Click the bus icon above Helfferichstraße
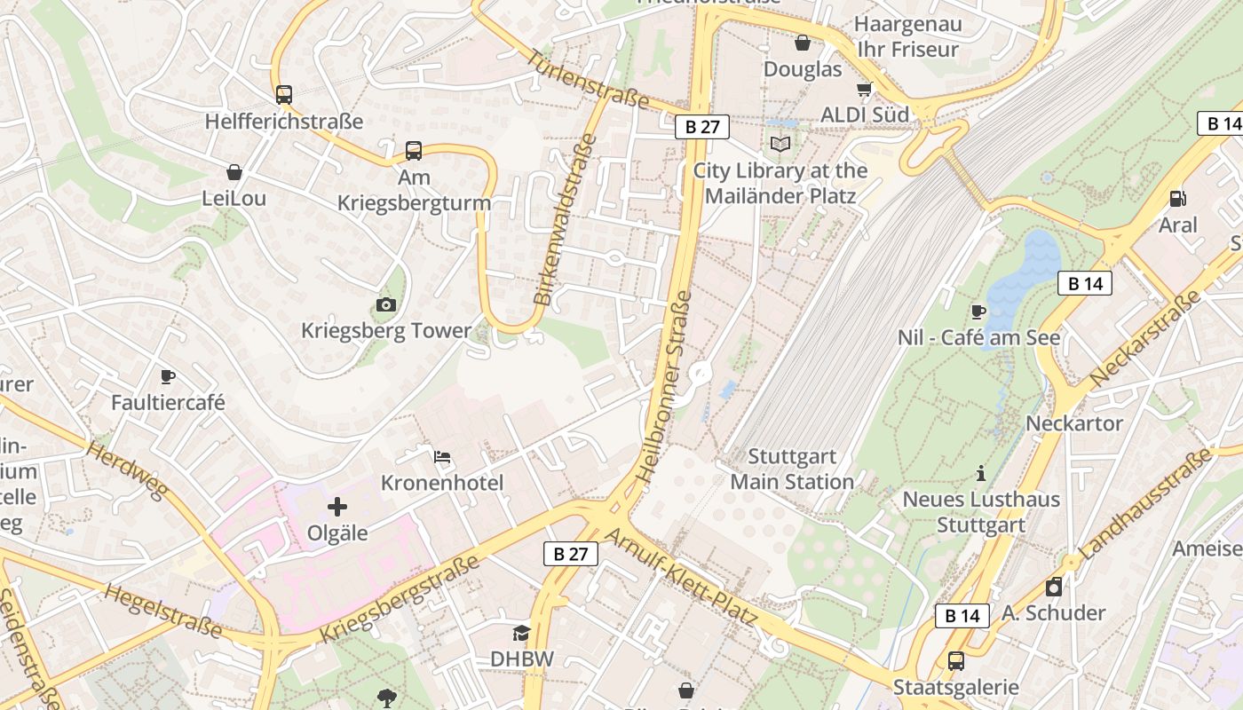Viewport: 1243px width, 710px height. point(283,94)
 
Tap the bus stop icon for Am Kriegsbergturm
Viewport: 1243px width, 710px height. point(414,151)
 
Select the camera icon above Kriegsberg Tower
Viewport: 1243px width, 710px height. point(385,305)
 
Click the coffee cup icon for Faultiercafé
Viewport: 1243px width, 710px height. point(168,377)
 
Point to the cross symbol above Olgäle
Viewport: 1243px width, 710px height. point(337,508)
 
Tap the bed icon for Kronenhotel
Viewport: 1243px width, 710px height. point(442,457)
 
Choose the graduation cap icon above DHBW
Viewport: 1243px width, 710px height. point(521,633)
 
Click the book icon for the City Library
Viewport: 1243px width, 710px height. point(780,144)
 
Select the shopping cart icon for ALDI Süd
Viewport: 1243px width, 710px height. point(864,89)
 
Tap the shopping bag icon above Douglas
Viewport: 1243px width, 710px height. point(803,43)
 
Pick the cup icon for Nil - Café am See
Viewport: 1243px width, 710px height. point(978,312)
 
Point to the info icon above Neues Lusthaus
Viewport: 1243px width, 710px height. point(981,473)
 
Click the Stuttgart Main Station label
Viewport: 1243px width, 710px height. point(792,469)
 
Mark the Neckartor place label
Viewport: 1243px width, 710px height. point(1074,423)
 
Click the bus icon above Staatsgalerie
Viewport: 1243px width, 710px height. point(955,661)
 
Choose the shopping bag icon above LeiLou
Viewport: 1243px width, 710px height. point(234,172)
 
